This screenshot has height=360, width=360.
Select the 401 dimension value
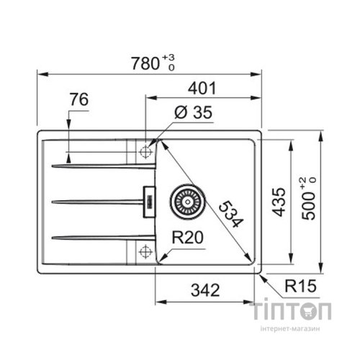[203, 90]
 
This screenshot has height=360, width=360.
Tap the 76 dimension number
[80, 101]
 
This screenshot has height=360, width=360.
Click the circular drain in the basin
[186, 202]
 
